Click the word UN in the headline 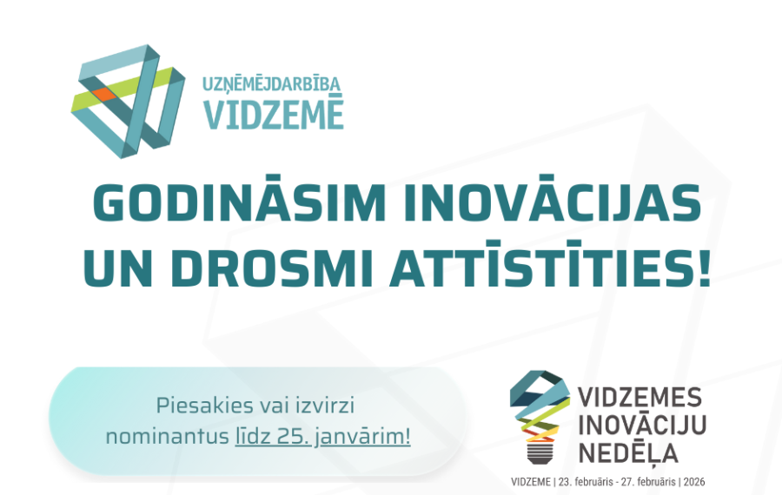pyautogui.click(x=123, y=269)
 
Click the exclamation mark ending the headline pyautogui.click(x=702, y=269)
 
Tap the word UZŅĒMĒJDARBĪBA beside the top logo pyautogui.click(x=272, y=85)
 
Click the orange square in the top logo pyautogui.click(x=101, y=93)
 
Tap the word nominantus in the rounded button pyautogui.click(x=166, y=436)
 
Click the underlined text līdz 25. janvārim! pyautogui.click(x=322, y=436)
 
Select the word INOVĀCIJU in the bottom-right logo pyautogui.click(x=642, y=425)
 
